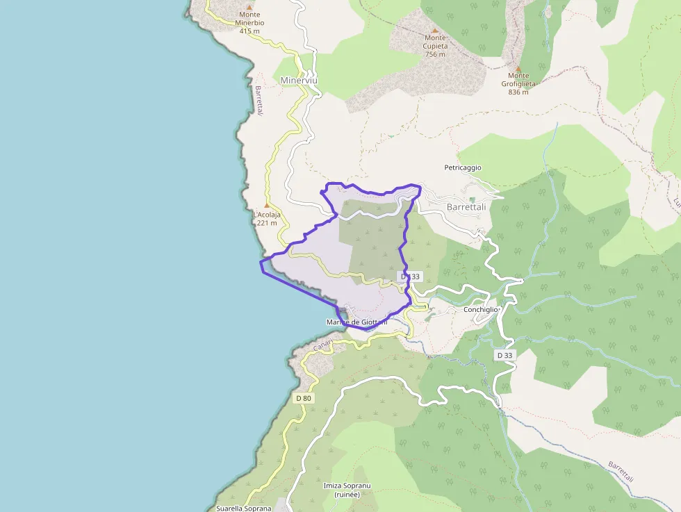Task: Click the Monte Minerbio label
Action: (251, 19)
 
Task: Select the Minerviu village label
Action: (299, 81)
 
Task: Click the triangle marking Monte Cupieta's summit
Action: (435, 31)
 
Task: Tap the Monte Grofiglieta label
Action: (518, 80)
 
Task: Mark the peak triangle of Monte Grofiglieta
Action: (518, 68)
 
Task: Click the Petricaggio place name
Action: (463, 167)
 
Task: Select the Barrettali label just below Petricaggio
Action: (466, 207)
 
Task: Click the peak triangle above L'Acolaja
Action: (266, 205)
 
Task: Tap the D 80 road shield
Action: (304, 398)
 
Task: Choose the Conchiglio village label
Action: (481, 309)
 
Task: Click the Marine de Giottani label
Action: (356, 322)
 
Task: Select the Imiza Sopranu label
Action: (346, 485)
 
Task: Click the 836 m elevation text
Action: (519, 92)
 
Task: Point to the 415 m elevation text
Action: (249, 31)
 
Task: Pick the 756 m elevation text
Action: (435, 54)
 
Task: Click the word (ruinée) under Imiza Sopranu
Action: (346, 495)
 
